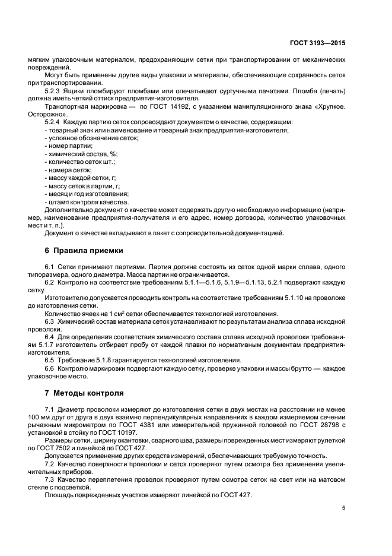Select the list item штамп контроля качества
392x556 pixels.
83,201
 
